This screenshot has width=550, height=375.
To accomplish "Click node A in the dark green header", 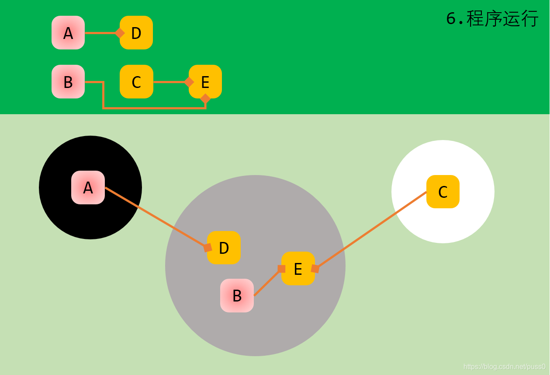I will pos(68,33).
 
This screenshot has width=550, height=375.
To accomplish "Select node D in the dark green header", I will pos(137,33).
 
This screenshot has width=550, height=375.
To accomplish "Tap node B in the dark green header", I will pos(68,82).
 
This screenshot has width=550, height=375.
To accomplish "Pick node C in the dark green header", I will pos(136,82).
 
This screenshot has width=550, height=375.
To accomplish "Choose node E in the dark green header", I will pos(206,82).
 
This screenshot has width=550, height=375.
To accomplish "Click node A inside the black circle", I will pos(88,188).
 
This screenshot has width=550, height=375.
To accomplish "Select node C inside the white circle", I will pos(443,192).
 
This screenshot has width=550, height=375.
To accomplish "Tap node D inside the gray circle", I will pos(224,248).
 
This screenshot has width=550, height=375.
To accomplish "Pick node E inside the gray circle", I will pos(298,269).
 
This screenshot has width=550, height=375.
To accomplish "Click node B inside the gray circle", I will pos(237,296).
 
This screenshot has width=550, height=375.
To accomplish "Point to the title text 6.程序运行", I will pos(492,19).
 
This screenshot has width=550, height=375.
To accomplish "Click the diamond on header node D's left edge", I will pos(119,33).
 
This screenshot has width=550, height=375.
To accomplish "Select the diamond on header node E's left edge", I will pos(189,82).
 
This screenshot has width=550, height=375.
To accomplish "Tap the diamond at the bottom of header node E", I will pos(205,98).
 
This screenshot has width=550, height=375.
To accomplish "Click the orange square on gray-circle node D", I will pos(208,248).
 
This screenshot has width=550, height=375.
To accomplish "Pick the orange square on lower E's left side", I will pos(281,269).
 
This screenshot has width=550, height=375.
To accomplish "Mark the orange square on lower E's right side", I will pos(315,269).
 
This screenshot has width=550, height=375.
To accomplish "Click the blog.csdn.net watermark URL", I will pos(504,367).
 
